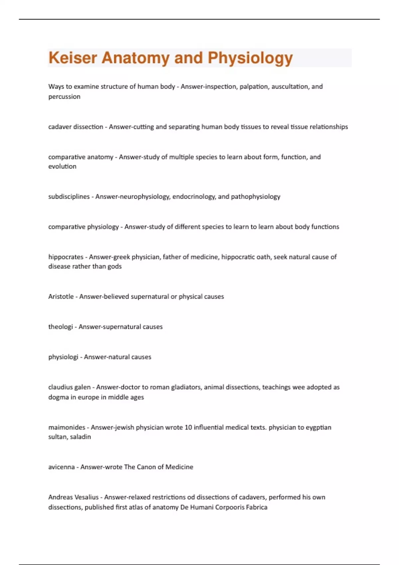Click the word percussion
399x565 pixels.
[64, 97]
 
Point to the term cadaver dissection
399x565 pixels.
[75, 127]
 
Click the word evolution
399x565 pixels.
[62, 167]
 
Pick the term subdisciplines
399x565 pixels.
[69, 196]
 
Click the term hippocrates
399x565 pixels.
[66, 257]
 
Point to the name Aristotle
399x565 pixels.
[61, 296]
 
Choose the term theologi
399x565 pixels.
[60, 327]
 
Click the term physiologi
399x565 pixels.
[63, 357]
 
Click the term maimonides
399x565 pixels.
[66, 427]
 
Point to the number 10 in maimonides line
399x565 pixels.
[188, 427]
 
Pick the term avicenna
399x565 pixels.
[62, 467]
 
